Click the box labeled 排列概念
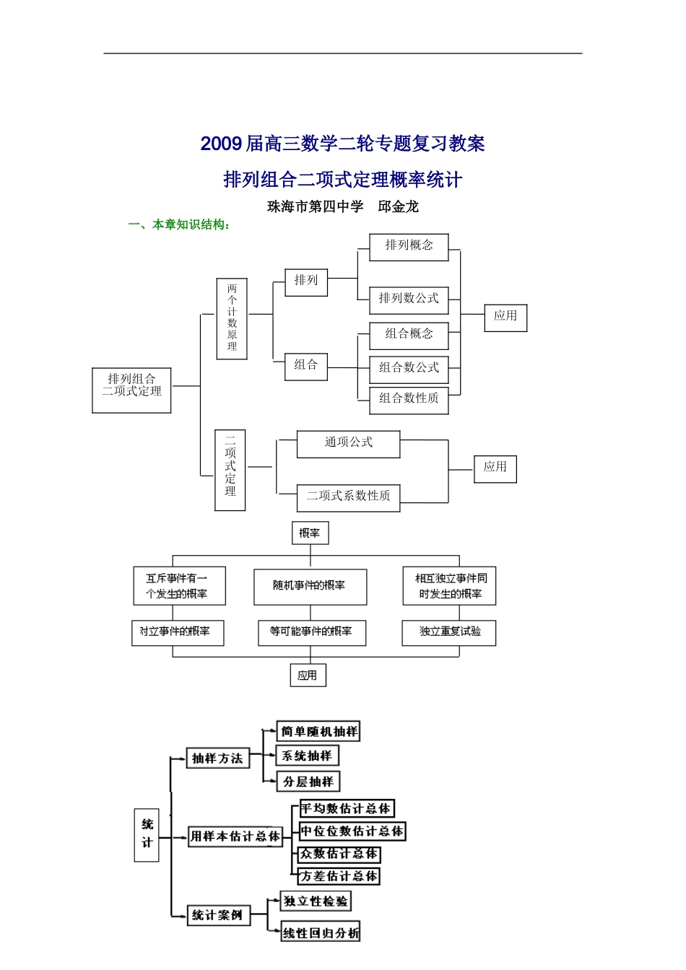pyautogui.click(x=409, y=247)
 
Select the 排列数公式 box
pyautogui.click(x=409, y=300)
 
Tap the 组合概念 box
pyautogui.click(x=409, y=336)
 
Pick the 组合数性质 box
pyautogui.click(x=409, y=400)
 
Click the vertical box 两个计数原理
pyautogui.click(x=232, y=318)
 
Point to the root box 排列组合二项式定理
pyautogui.click(x=131, y=390)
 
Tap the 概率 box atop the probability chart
pyautogui.click(x=310, y=533)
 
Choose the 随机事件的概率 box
pyautogui.click(x=310, y=587)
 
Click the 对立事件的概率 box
pyautogui.click(x=178, y=632)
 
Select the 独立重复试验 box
pyautogui.click(x=448, y=632)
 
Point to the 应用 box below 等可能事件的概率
pyautogui.click(x=308, y=676)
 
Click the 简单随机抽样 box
pyautogui.click(x=318, y=731)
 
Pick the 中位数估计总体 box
pyautogui.click(x=352, y=831)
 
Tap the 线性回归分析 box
pyautogui.click(x=321, y=932)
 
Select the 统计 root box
pyautogui.click(x=147, y=834)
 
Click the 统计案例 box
pyautogui.click(x=218, y=915)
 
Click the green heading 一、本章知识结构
pyautogui.click(x=179, y=224)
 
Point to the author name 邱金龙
pyautogui.click(x=399, y=206)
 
